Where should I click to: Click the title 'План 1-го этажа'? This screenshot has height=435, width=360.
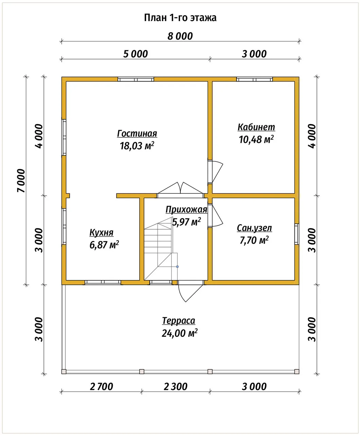[180, 18]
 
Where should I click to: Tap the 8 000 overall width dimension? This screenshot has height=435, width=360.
[180, 36]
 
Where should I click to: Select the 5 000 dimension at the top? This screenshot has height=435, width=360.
[136, 54]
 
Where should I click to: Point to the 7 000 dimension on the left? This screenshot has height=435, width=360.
[21, 180]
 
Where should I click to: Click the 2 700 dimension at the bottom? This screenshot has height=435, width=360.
[102, 387]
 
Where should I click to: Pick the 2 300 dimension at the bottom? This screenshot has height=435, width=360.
[176, 387]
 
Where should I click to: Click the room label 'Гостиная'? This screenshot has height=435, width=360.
[137, 134]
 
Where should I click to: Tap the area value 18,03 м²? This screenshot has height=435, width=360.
[137, 146]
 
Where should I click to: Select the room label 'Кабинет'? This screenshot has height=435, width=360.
[256, 127]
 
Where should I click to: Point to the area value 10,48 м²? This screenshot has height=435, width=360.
[256, 139]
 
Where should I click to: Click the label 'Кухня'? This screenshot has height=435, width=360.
[102, 232]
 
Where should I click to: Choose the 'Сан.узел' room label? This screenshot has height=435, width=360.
[254, 228]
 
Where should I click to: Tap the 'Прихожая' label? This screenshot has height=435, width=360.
[186, 210]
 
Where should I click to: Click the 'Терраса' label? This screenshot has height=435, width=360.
[179, 320]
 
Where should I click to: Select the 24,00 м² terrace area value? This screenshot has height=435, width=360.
[180, 333]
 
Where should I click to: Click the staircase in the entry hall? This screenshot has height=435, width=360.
[161, 248]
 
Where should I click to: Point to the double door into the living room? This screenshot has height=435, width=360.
[180, 190]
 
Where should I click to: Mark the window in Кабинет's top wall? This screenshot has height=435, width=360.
[254, 80]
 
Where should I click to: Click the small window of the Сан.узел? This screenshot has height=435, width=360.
[297, 234]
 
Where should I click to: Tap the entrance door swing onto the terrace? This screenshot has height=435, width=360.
[190, 291]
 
